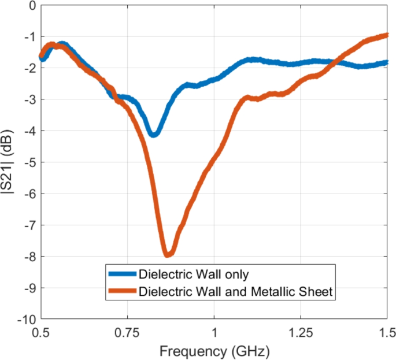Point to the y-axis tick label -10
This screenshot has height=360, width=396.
(x=27, y=319)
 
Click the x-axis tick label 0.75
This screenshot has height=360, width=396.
(x=127, y=332)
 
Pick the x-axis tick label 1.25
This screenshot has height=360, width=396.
(x=301, y=332)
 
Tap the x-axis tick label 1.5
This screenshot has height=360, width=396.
(x=387, y=332)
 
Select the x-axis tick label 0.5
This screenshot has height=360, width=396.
(x=40, y=332)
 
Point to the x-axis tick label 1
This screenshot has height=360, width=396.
(x=214, y=332)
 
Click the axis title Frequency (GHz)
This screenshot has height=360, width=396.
(x=214, y=350)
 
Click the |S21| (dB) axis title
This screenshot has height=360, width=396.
(x=10, y=162)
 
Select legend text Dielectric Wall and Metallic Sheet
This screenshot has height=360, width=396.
(x=236, y=292)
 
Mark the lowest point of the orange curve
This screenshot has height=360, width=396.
(x=168, y=253)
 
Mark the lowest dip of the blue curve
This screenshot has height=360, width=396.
(x=153, y=133)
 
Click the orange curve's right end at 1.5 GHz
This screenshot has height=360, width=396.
(x=386, y=35)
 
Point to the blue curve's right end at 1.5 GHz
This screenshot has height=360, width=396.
(x=386, y=62)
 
